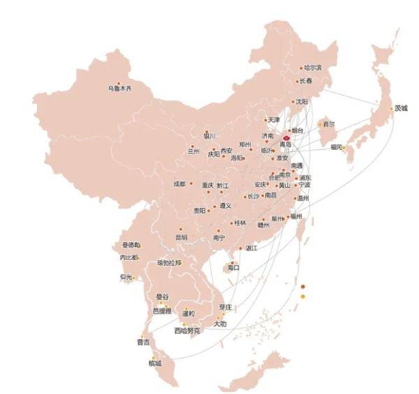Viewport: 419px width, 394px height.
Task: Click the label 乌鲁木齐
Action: [119, 89]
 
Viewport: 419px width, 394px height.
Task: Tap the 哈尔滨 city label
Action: [312, 68]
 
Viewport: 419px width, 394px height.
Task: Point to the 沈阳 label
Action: [301, 101]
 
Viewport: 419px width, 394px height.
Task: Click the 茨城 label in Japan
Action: [401, 108]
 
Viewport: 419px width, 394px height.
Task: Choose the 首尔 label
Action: [328, 124]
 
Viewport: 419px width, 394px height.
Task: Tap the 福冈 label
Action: [335, 147]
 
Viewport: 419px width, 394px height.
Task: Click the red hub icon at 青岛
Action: [285, 139]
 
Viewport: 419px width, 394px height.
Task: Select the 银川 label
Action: [209, 136]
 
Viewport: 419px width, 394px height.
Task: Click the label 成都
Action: [179, 183]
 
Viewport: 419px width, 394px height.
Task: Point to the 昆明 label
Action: [181, 237]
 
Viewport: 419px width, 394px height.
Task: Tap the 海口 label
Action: [233, 268]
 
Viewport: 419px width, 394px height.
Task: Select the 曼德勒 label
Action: [131, 245]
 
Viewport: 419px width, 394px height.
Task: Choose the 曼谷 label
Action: [162, 296]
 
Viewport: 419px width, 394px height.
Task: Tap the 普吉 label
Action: [143, 342]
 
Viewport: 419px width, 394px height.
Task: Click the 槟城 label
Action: [154, 363]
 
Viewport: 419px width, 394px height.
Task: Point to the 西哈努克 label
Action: [187, 331]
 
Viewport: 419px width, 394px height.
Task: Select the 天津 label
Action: [273, 120]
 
